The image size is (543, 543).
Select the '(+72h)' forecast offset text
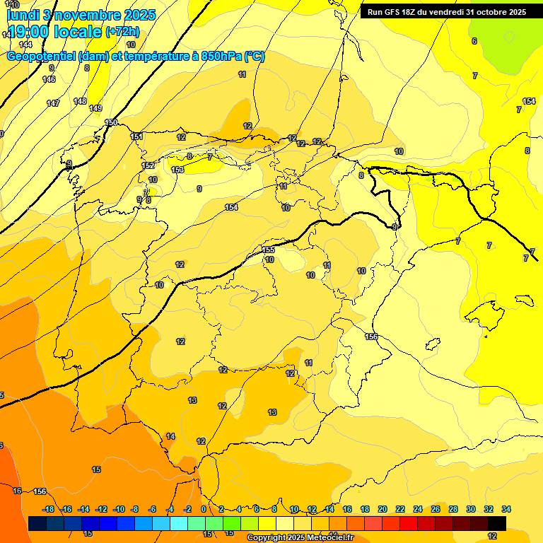click(x=122, y=32)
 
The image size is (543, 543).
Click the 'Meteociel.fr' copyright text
click(x=326, y=538)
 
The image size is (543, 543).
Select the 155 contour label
click(x=268, y=250)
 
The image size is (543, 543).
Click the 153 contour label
click(x=177, y=170)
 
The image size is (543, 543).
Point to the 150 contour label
click(x=111, y=123)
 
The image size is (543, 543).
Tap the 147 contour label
click(x=53, y=103)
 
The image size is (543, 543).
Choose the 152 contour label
click(x=148, y=165)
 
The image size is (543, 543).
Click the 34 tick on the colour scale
click(x=506, y=509)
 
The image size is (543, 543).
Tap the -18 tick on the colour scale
click(x=48, y=509)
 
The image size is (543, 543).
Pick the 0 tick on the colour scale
click(x=204, y=509)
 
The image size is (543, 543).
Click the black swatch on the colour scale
click(x=496, y=523)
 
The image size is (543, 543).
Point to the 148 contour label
click(x=80, y=101)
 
